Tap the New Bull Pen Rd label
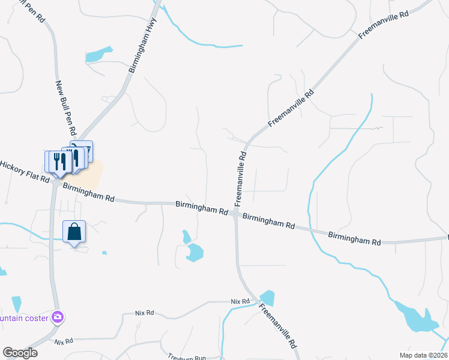click(x=66, y=108)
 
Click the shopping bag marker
click(x=74, y=232)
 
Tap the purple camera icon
click(x=58, y=317)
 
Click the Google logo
click(x=19, y=353)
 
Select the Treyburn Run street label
click(x=187, y=357)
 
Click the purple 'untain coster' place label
click(x=24, y=317)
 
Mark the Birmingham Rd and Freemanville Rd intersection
click(x=236, y=214)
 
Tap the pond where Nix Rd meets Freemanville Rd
click(x=267, y=298)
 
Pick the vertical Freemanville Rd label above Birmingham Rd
click(x=240, y=176)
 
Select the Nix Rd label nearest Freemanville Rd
click(x=240, y=302)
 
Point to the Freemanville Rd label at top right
click(x=384, y=25)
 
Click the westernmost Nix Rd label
click(x=63, y=341)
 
